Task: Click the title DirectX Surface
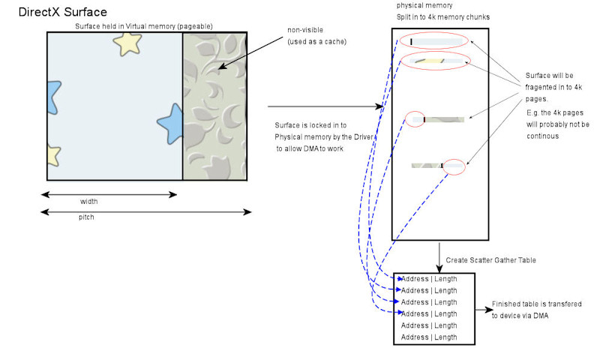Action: [62, 12]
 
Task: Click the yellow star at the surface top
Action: [127, 43]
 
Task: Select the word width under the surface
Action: [89, 202]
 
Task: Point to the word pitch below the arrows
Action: [87, 217]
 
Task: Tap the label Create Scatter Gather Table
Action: [490, 260]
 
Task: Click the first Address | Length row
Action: [429, 279]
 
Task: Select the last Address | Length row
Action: [429, 337]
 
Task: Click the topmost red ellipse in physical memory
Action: [434, 40]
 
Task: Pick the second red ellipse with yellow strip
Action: [436, 61]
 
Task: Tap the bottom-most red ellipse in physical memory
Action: [454, 166]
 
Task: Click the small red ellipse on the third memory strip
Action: [415, 118]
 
